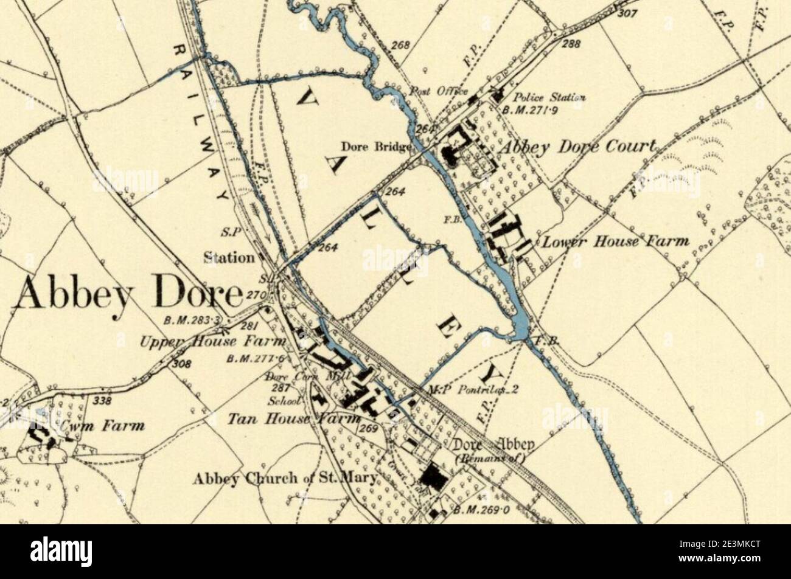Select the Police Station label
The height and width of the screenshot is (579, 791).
(x=549, y=97)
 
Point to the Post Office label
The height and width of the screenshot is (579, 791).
(x=437, y=91)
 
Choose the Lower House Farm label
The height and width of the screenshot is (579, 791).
(x=615, y=241)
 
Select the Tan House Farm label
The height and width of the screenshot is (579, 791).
(x=275, y=418)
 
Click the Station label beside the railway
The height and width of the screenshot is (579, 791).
(x=229, y=258)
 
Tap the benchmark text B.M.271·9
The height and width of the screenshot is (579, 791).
(x=531, y=110)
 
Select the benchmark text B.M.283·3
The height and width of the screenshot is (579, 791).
(x=193, y=321)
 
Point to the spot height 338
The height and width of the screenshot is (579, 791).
(x=103, y=400)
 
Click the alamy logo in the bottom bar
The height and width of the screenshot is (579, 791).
(x=61, y=551)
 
